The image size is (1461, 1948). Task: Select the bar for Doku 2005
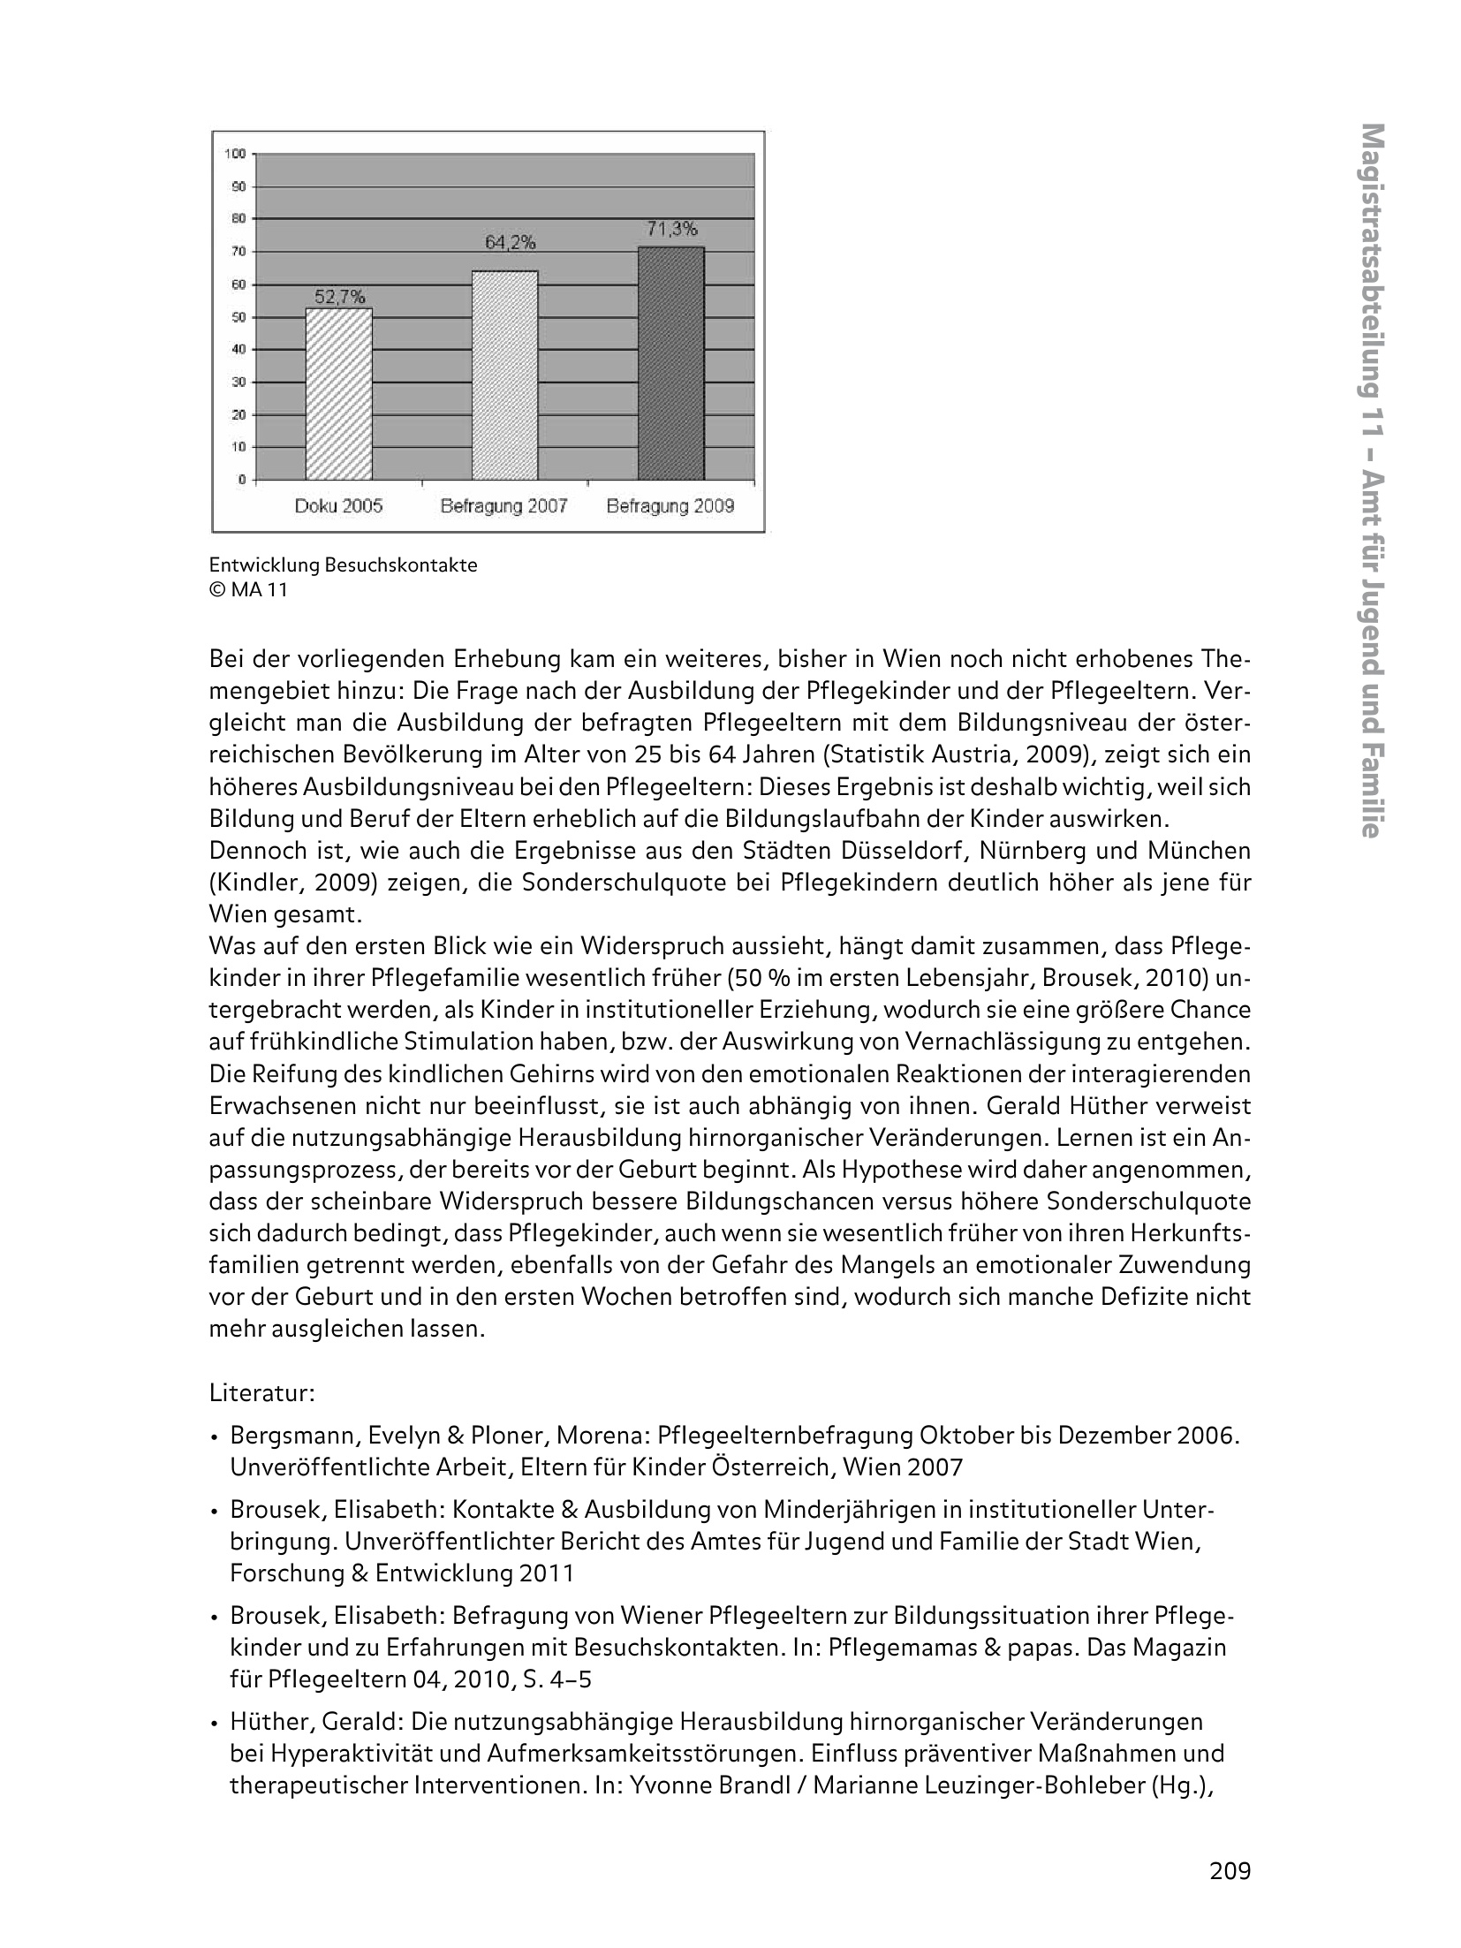pos(339,394)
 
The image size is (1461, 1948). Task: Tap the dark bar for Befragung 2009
pos(671,363)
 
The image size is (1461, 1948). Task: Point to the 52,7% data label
pos(340,298)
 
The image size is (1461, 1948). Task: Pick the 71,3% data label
pos(671,229)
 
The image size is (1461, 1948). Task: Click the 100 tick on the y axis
pos(235,154)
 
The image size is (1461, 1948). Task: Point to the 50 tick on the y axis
pos(238,317)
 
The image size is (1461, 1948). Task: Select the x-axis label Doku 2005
pos(338,506)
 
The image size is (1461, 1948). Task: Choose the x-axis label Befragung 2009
pos(670,506)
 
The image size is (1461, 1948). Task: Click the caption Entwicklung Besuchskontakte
pos(343,565)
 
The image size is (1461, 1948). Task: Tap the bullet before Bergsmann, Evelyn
pos(215,1436)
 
